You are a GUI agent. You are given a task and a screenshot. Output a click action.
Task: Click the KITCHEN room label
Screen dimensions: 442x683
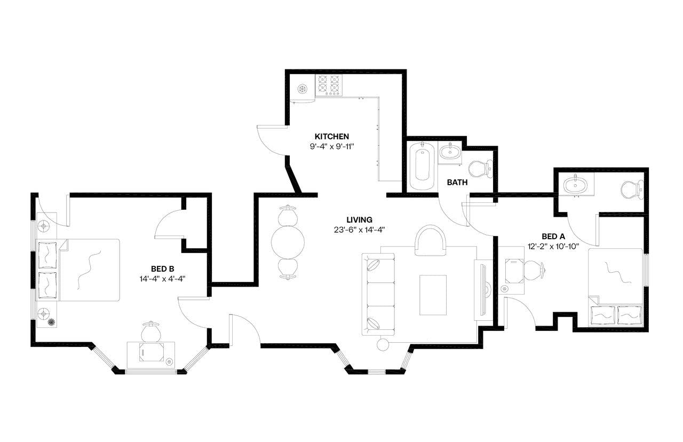click(x=332, y=136)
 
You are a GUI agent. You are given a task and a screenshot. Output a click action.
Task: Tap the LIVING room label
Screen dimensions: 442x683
click(x=359, y=219)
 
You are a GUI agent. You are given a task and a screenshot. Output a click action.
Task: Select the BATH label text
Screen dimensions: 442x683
click(x=457, y=182)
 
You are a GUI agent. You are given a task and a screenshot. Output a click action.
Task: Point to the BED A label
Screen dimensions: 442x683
click(x=553, y=236)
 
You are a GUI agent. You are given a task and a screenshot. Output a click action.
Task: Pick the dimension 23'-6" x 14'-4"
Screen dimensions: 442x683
click(x=359, y=230)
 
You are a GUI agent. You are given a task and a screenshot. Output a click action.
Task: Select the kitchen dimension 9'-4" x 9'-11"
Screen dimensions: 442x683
click(x=332, y=146)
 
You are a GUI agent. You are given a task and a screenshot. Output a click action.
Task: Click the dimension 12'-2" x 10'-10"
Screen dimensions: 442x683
click(x=553, y=247)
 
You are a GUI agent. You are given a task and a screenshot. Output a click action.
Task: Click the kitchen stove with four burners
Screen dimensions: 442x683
click(x=329, y=84)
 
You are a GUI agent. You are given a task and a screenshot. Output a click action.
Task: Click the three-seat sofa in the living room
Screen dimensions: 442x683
click(x=378, y=294)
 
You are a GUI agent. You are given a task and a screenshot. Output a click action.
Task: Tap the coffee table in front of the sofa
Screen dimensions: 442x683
click(x=433, y=295)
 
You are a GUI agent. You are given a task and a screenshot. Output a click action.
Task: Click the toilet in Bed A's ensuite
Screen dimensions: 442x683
click(x=633, y=190)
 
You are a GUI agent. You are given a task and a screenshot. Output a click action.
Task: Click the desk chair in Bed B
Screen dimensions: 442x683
click(x=150, y=331)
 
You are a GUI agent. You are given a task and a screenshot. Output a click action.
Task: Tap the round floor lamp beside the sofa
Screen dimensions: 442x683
click(x=383, y=344)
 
